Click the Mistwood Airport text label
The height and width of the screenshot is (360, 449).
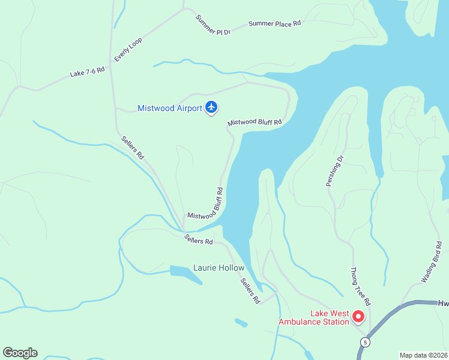[x=170, y=109]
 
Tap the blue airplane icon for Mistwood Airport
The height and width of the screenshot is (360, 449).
[x=211, y=107]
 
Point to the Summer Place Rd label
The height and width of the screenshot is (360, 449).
[x=274, y=24]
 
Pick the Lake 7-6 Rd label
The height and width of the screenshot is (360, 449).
[x=87, y=71]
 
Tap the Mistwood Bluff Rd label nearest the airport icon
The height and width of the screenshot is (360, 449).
[x=255, y=122]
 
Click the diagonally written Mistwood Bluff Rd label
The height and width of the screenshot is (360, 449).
[x=206, y=205]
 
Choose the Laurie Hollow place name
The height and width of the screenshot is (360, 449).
[x=218, y=268]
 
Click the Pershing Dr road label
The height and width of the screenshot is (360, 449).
[x=335, y=171]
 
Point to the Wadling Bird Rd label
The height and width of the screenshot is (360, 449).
[x=432, y=262]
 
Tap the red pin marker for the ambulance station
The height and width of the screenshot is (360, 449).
[x=358, y=316]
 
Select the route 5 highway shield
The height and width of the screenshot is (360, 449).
[x=364, y=342]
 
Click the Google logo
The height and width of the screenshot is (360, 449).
[x=20, y=353]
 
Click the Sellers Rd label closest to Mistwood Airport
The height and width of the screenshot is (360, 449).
[x=132, y=148]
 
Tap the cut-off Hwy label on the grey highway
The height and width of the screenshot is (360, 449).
[x=442, y=304]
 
